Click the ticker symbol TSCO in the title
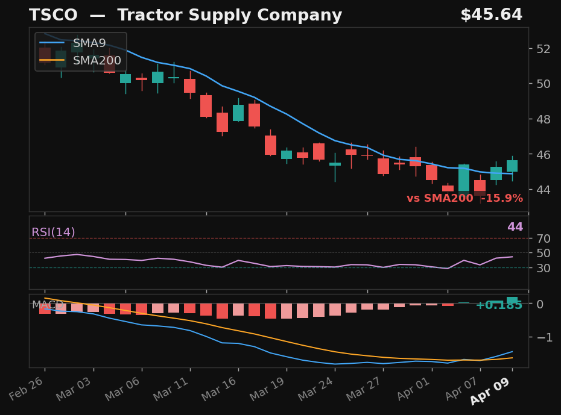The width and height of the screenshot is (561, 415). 53,16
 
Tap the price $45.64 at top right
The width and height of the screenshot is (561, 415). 491,15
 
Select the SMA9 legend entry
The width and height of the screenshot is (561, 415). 89,43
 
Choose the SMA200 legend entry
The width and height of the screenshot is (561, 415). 97,60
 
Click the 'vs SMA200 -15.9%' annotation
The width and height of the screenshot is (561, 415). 464,198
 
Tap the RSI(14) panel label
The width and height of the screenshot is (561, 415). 53,232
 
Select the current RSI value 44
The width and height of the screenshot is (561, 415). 515,227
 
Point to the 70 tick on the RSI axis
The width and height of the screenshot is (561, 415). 543,239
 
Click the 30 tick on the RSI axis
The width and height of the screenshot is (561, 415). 543,267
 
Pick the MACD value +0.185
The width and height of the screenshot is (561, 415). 498,305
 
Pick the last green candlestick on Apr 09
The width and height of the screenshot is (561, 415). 512,166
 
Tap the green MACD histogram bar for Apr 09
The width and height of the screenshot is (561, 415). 512,300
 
